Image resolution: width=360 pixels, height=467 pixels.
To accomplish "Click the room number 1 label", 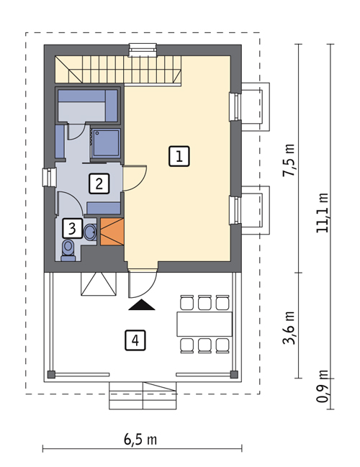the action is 179,156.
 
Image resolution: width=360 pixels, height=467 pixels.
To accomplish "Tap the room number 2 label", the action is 99,183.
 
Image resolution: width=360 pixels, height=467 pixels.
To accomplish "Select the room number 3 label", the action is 72,228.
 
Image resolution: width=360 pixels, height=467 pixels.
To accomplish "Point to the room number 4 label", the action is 135,340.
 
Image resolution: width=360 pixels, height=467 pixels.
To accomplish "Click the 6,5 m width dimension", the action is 140,440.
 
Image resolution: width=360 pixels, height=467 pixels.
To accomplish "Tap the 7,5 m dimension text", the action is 289,160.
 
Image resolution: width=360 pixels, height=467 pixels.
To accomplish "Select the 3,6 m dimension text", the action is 289,328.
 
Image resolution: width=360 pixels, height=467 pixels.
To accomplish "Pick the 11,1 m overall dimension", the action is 323,213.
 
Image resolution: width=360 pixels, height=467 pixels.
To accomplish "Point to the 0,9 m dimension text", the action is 323,386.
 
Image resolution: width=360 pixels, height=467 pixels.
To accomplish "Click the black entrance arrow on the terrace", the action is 142,305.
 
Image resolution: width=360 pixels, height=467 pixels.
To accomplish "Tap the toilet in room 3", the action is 68,250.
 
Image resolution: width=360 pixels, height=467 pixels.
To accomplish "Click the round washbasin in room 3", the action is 90,232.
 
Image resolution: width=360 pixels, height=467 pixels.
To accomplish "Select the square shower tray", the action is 105,143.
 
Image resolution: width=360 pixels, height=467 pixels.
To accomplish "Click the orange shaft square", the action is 112,232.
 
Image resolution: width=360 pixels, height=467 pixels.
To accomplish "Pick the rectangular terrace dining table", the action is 204,324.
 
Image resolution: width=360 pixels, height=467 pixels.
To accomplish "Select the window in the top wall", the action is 143,50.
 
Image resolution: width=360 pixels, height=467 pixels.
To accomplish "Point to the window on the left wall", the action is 50,178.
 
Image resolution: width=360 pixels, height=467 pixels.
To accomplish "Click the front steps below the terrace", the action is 143,396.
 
